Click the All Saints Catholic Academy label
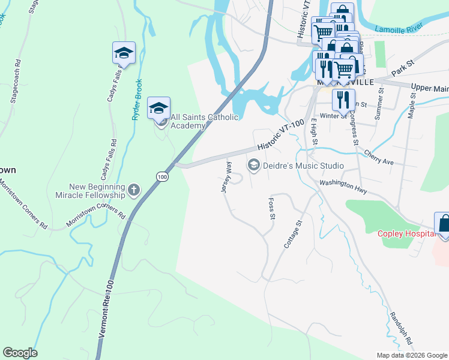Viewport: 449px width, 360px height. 204,121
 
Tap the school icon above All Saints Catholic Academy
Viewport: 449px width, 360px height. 158,108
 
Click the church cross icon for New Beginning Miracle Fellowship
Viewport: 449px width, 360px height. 133,191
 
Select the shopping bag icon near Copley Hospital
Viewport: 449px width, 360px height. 444,224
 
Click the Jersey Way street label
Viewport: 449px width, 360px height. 227,176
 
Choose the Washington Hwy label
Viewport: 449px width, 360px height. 343,186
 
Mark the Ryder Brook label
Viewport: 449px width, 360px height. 137,99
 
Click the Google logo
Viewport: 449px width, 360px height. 20,353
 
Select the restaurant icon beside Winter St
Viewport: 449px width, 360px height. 343,100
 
